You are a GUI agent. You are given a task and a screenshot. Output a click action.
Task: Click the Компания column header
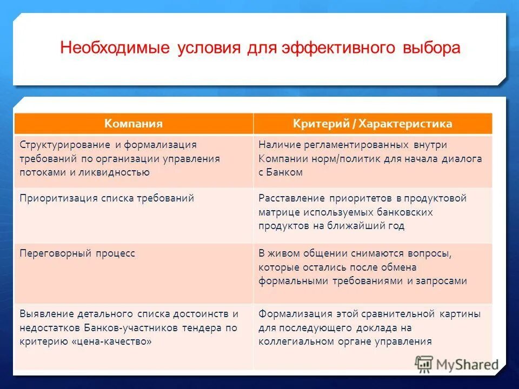coord(134,124)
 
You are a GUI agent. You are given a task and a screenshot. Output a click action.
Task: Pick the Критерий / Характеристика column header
coord(372,124)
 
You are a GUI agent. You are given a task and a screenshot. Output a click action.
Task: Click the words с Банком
coord(280,172)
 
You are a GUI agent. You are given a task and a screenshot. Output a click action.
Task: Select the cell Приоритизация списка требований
coord(107,198)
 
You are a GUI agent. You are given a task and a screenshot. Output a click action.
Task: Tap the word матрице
coord(277,212)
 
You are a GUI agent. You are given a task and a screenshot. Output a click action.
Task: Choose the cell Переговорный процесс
coord(77,253)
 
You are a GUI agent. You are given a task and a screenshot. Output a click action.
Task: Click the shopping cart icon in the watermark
coord(424,364)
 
